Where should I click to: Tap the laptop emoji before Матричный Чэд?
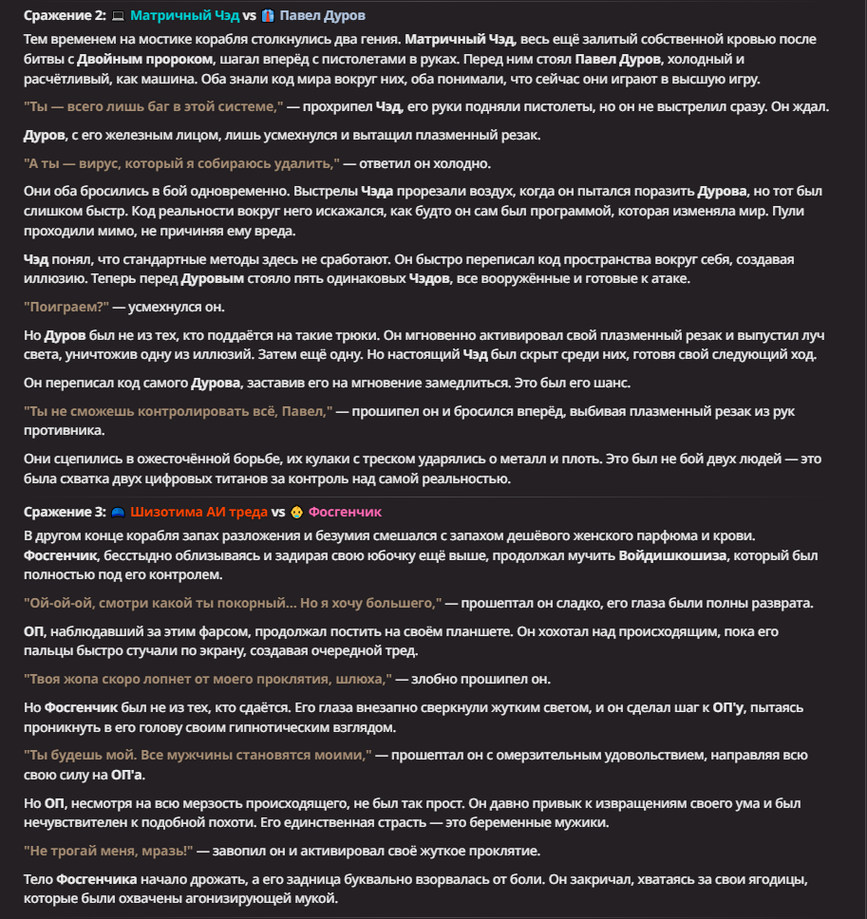(119, 16)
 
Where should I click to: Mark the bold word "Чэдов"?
(434, 280)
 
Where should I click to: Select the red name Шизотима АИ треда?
(199, 512)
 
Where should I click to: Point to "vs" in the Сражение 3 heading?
(278, 512)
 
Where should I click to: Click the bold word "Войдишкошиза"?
(673, 555)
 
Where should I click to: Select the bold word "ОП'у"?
(728, 708)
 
